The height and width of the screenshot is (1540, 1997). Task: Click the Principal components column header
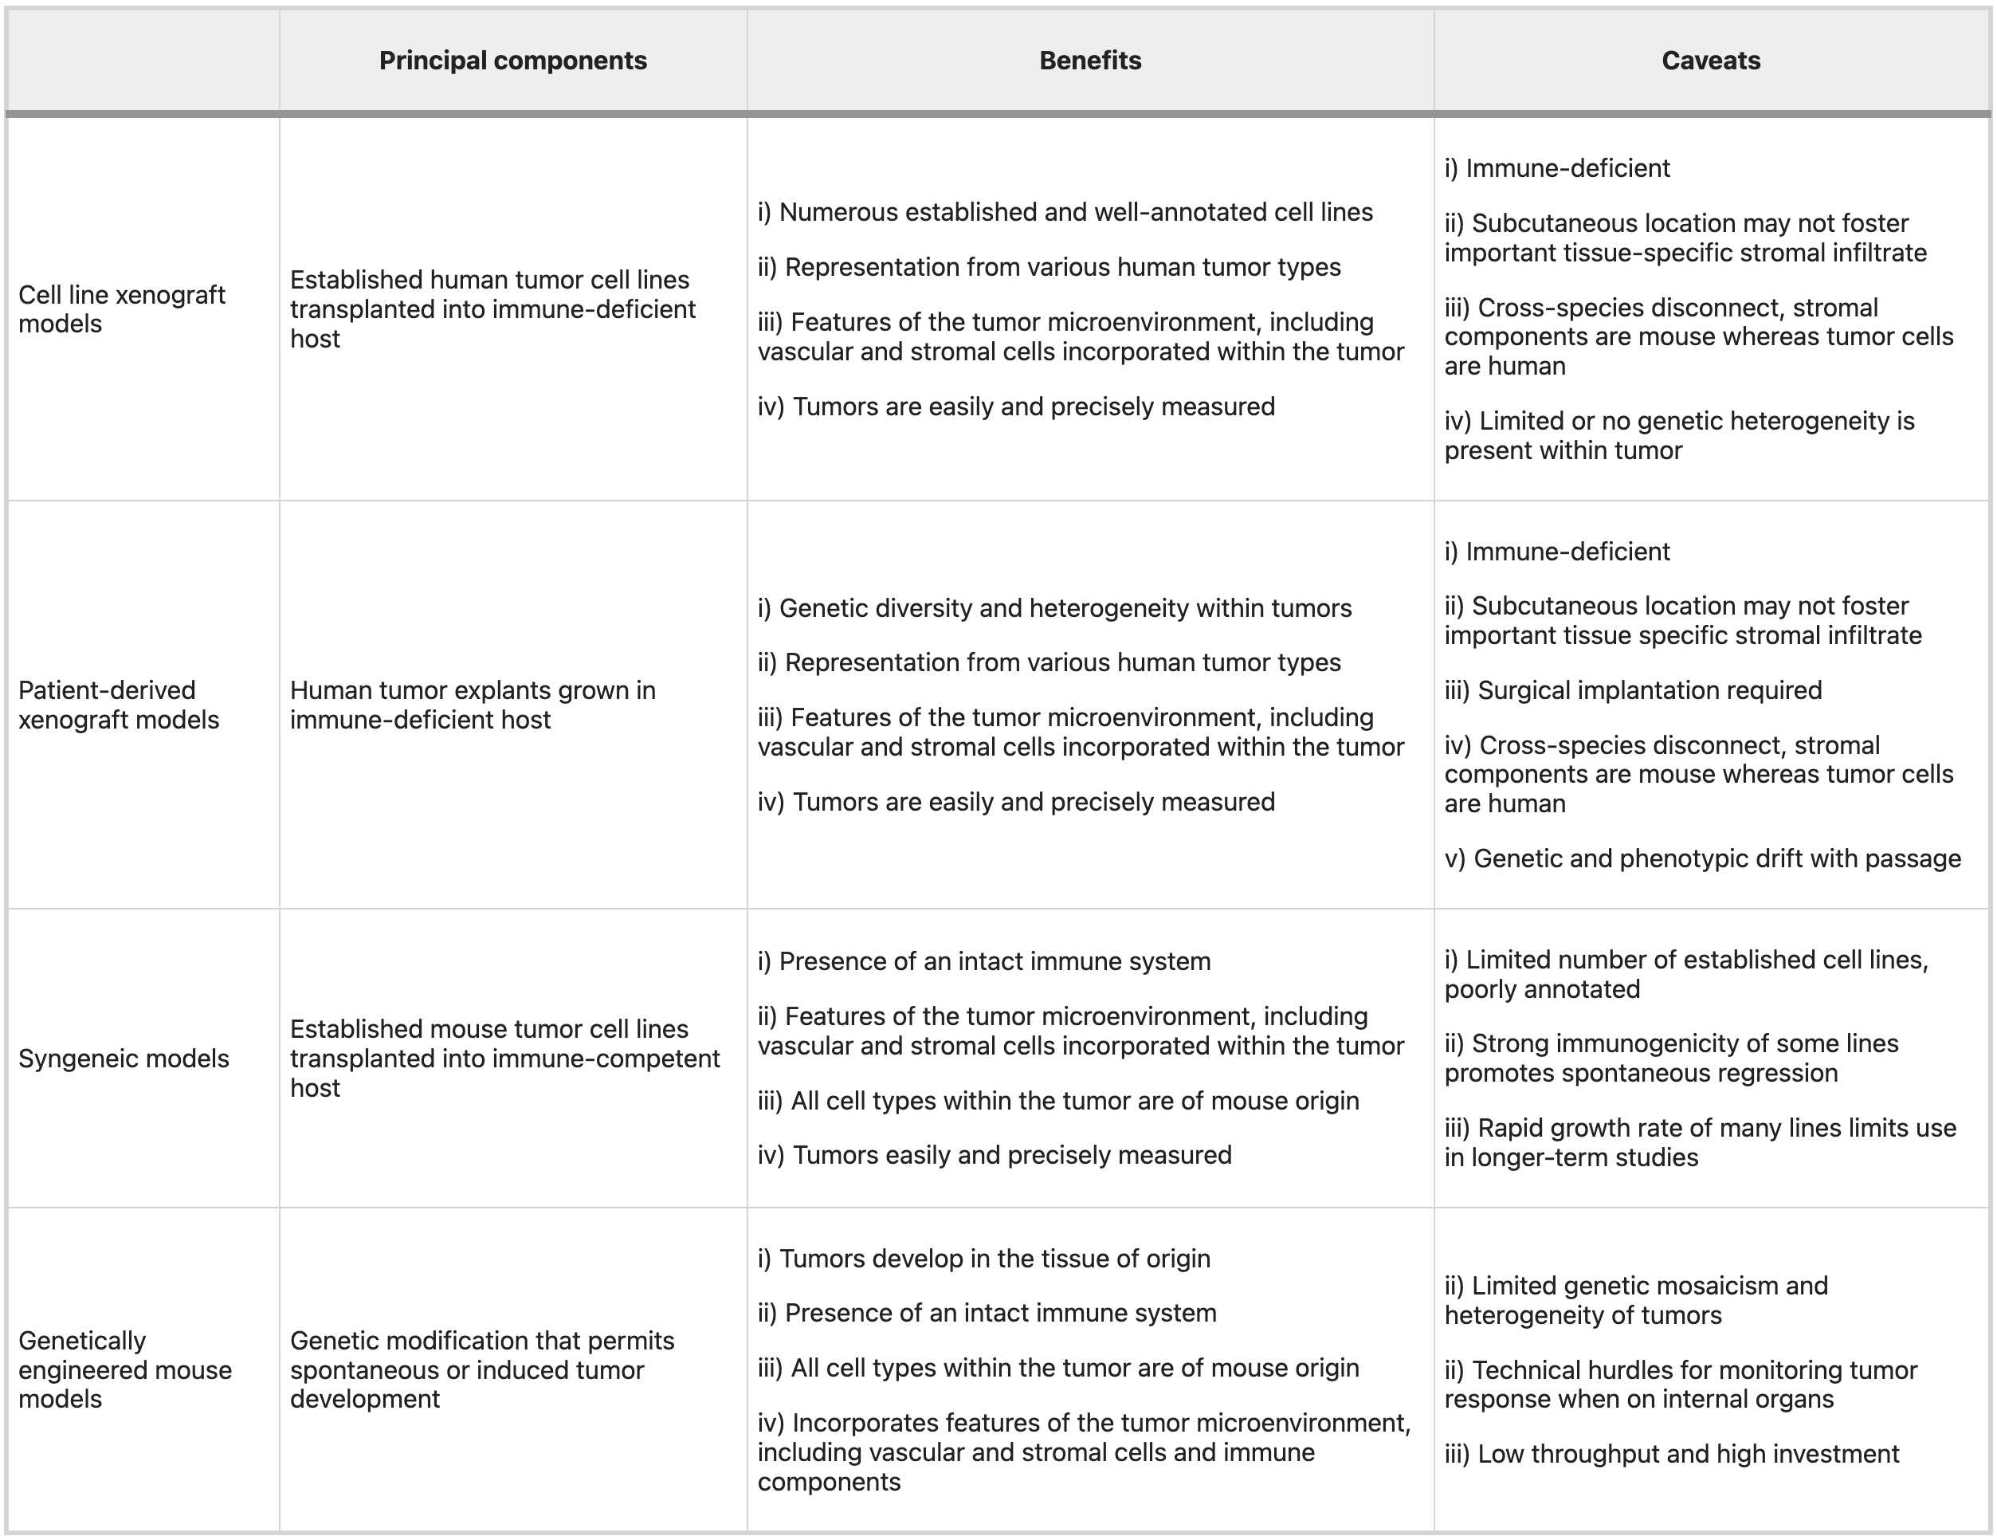click(x=513, y=61)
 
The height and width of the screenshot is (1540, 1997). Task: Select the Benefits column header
click(x=1090, y=61)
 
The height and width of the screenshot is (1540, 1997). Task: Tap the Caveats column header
click(x=1711, y=61)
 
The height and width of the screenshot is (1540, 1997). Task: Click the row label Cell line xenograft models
click(x=122, y=309)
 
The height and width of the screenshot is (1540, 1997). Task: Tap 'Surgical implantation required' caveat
click(x=1633, y=690)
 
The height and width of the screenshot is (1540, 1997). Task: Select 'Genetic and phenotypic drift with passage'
click(x=1703, y=858)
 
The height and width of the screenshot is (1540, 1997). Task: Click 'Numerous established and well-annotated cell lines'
click(x=1065, y=212)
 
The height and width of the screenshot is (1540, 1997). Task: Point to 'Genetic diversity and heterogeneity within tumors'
click(x=1054, y=608)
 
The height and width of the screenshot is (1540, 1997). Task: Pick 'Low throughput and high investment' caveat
click(x=1672, y=1454)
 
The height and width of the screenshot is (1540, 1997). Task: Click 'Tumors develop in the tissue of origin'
click(x=984, y=1259)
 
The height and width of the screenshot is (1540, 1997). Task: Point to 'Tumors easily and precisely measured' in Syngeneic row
click(x=995, y=1155)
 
